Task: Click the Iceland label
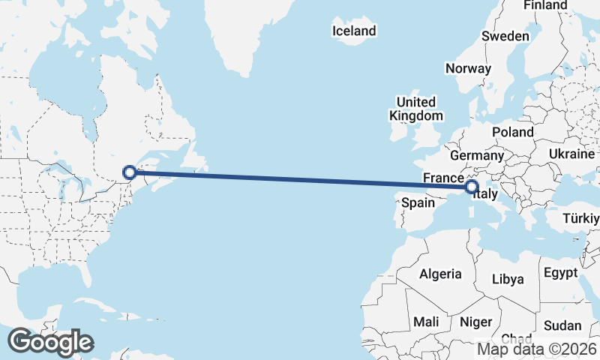(354, 31)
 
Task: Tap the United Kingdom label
(415, 109)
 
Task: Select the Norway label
(468, 68)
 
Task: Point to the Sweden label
(505, 36)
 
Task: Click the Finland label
(545, 5)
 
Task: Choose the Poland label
(513, 132)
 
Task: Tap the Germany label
(477, 155)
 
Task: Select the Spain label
(418, 202)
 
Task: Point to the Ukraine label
(571, 154)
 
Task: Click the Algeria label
(441, 274)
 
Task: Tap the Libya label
(508, 279)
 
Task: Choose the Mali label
(427, 322)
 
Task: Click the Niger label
(475, 322)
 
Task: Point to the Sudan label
(562, 325)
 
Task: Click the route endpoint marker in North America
(130, 172)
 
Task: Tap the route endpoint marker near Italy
(472, 187)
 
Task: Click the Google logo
(50, 342)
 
